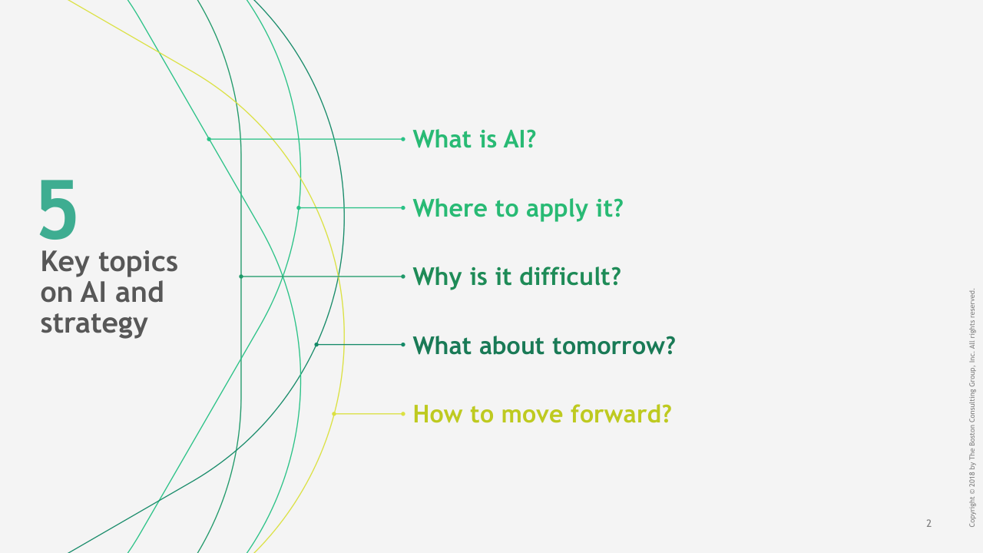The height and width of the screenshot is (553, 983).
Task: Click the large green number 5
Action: tap(58, 209)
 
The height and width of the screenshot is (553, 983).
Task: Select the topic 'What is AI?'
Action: tap(475, 139)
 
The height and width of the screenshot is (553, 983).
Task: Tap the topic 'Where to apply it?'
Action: tap(518, 208)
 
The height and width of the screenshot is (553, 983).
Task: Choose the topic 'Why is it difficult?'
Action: tap(517, 277)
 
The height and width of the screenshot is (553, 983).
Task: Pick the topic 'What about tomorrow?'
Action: tap(544, 346)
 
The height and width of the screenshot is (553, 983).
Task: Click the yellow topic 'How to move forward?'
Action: tap(542, 414)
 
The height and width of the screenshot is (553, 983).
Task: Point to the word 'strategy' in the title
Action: tap(94, 324)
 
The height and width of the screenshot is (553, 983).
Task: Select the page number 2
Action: tap(928, 523)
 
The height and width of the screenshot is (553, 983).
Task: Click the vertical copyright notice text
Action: tap(972, 408)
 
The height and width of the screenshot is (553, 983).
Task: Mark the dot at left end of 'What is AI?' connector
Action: tap(209, 139)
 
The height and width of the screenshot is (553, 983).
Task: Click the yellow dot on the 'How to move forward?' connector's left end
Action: tap(334, 414)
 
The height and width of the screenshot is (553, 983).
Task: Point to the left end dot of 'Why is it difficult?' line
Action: tap(241, 276)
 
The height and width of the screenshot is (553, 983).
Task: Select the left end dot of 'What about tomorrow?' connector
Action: tap(316, 345)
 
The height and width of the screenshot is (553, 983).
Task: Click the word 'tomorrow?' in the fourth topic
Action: tap(614, 346)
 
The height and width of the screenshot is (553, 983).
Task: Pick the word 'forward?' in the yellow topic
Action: tap(621, 414)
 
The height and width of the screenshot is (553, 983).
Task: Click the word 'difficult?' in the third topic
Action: tap(571, 276)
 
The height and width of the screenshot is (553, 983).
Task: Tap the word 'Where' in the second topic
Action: tap(450, 207)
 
